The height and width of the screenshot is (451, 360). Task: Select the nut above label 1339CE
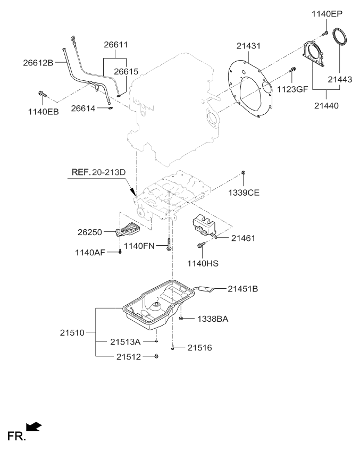point(243,172)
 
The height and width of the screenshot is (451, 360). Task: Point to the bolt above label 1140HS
point(200,245)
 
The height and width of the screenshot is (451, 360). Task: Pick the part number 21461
point(243,238)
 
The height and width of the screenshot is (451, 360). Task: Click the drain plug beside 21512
point(155,356)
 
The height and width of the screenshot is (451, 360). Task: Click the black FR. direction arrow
point(34,426)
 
